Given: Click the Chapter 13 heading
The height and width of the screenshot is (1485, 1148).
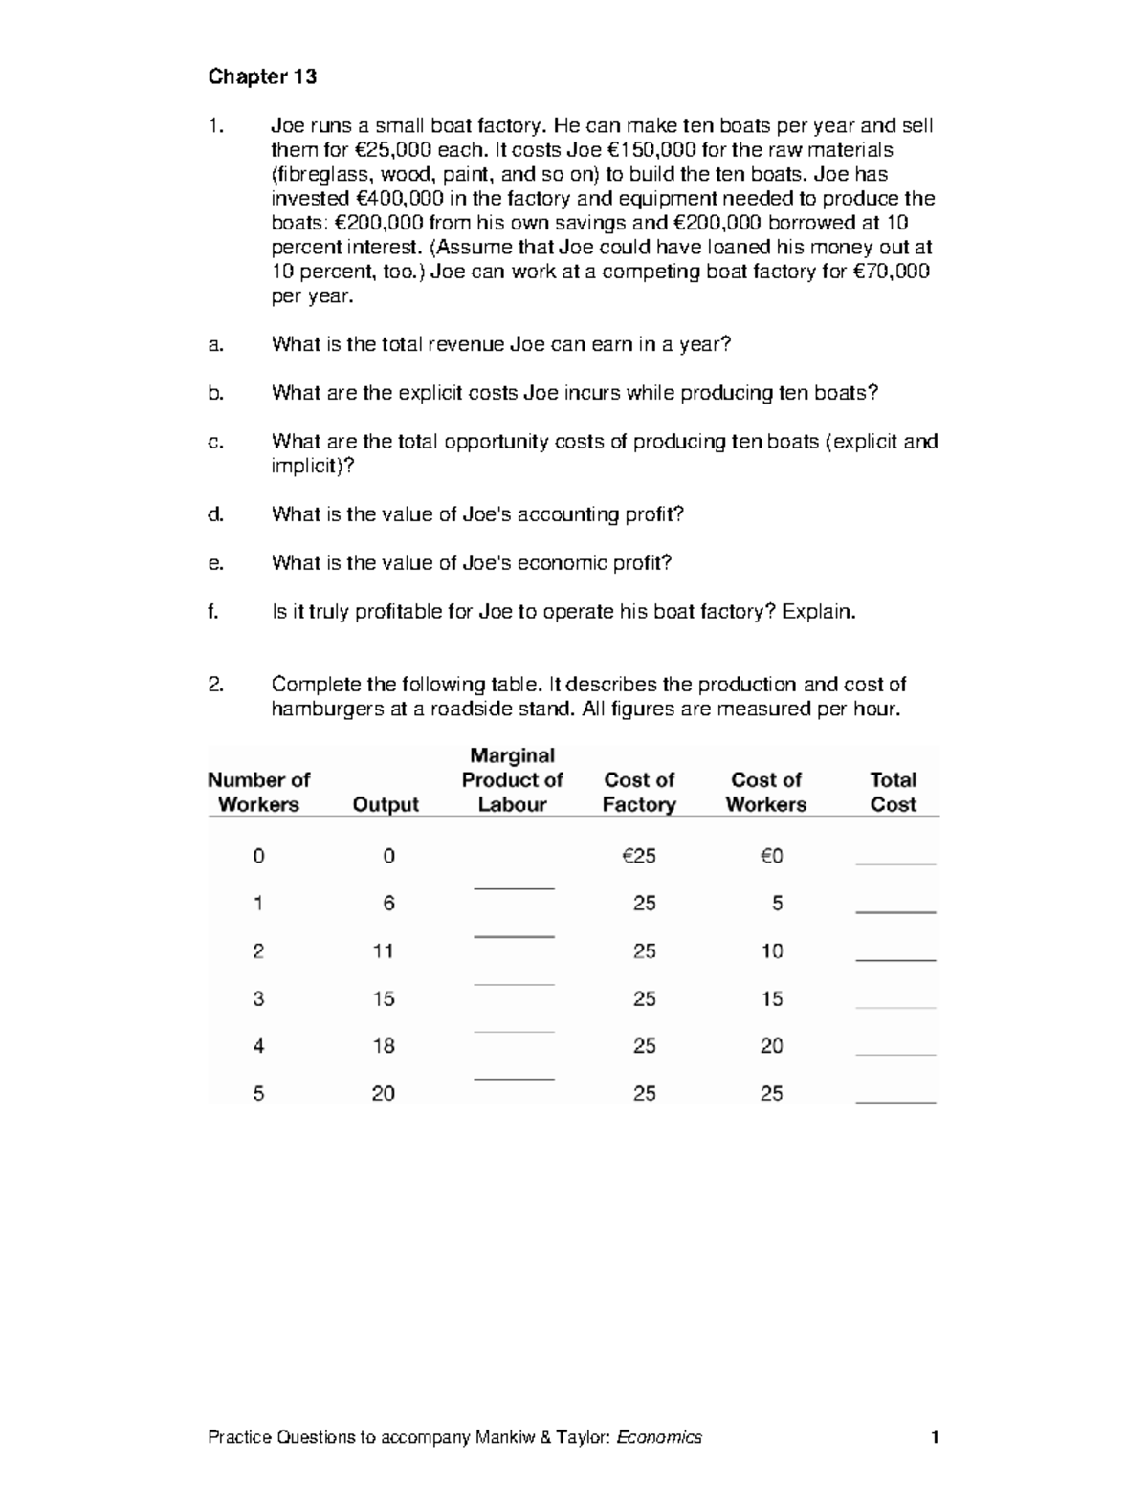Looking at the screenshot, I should click(262, 76).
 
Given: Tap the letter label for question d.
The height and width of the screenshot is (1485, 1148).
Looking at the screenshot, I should click(215, 514).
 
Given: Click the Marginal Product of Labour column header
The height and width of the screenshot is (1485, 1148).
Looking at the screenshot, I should click(512, 780).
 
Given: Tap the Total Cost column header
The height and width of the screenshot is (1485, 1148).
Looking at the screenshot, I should click(893, 792).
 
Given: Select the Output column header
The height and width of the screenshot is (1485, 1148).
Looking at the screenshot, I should click(386, 804).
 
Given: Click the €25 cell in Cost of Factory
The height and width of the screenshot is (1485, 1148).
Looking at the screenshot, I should click(639, 856).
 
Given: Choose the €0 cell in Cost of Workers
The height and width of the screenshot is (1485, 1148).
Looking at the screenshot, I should click(771, 856).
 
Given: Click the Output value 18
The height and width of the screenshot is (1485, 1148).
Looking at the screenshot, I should click(384, 1046).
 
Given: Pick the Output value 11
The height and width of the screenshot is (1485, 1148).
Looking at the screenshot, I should click(384, 950).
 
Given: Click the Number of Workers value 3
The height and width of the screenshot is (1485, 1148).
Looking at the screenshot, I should click(258, 998).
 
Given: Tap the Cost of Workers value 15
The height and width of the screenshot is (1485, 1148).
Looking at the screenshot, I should click(771, 998).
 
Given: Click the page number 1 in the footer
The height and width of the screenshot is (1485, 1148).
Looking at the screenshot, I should click(935, 1437).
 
